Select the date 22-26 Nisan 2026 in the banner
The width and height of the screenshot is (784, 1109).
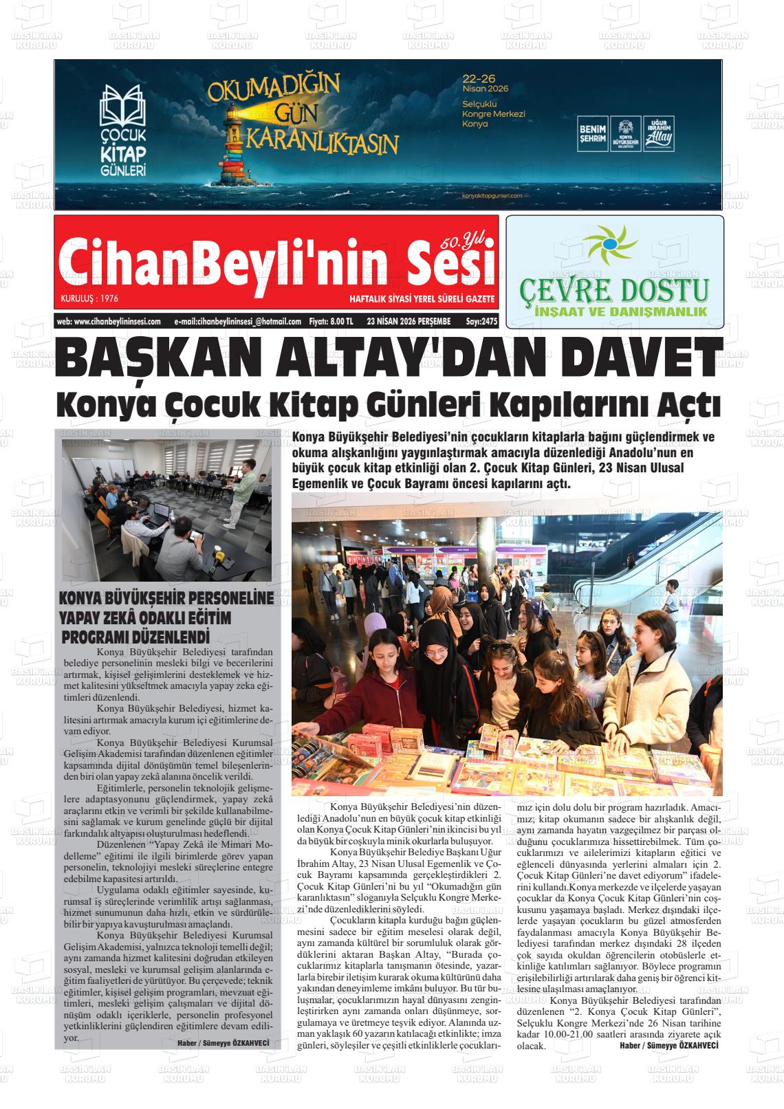click(486, 83)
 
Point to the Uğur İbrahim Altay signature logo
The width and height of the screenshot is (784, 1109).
click(659, 133)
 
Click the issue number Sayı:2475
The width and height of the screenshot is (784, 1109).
click(481, 321)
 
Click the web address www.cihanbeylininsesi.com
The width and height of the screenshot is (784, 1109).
click(109, 321)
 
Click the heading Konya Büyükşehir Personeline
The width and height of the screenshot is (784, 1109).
click(166, 597)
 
